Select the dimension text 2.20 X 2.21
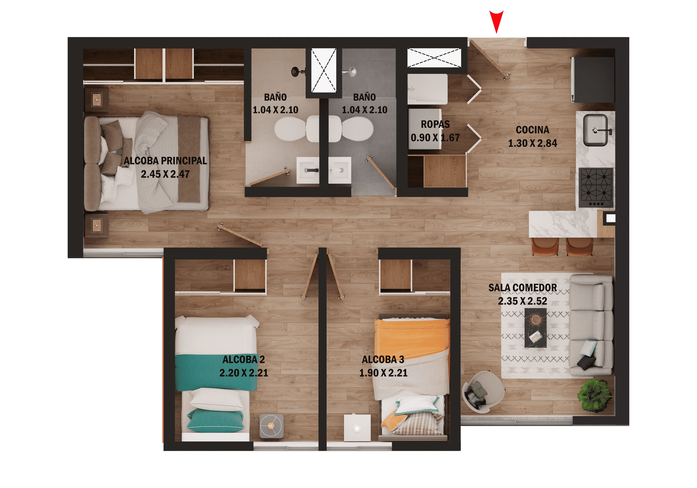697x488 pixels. click(x=244, y=373)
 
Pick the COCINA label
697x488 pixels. click(x=533, y=130)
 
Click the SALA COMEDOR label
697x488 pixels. click(x=522, y=288)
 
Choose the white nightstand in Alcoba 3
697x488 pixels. click(x=357, y=428)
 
